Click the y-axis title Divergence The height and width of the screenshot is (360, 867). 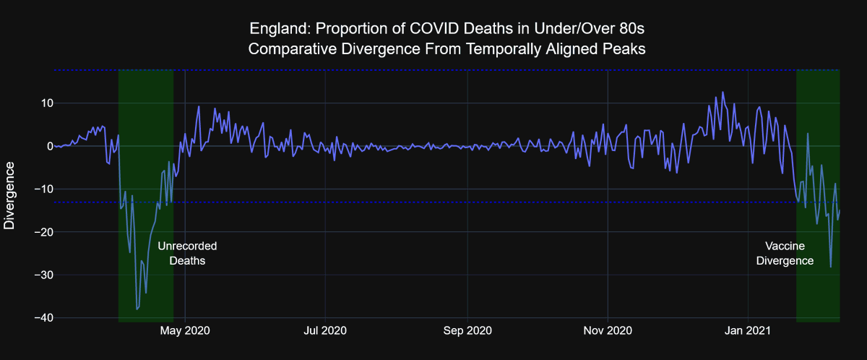9,195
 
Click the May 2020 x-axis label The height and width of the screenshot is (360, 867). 185,331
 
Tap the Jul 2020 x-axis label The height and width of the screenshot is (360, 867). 325,331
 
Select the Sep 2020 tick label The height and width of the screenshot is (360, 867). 467,331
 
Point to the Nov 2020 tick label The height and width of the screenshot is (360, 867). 608,331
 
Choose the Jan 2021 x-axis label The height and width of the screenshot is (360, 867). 747,331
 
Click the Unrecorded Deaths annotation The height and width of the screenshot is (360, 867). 187,253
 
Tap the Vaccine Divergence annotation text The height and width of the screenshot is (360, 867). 785,253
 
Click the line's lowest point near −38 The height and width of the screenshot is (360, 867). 137,309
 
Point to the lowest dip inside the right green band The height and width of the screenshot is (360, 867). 831,267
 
